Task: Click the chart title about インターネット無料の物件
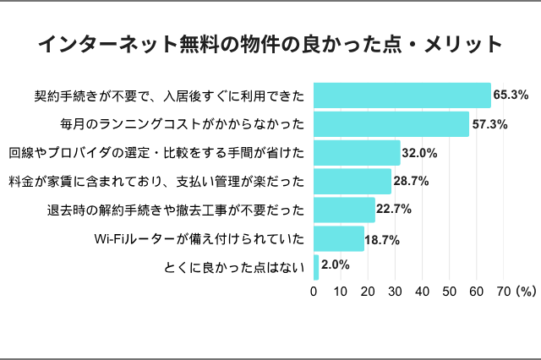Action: pyautogui.click(x=270, y=43)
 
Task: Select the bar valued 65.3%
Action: pyautogui.click(x=402, y=95)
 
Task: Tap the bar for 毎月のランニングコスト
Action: pyautogui.click(x=391, y=124)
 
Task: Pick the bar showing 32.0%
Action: pyautogui.click(x=357, y=153)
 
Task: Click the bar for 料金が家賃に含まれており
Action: pyautogui.click(x=352, y=181)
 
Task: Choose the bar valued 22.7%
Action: pyautogui.click(x=344, y=210)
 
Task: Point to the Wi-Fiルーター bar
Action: pyautogui.click(x=339, y=238)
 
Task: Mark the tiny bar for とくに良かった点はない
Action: pyautogui.click(x=316, y=267)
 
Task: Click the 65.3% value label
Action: pyautogui.click(x=511, y=95)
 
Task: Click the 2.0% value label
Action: pyautogui.click(x=336, y=265)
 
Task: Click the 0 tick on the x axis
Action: pyautogui.click(x=314, y=292)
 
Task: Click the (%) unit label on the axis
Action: pyautogui.click(x=526, y=292)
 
